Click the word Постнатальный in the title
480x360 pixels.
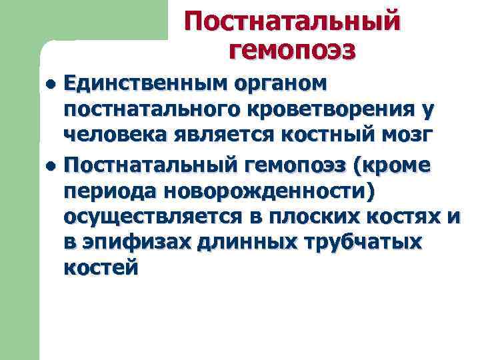pyautogui.click(x=293, y=20)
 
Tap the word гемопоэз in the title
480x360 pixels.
pyautogui.click(x=293, y=49)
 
